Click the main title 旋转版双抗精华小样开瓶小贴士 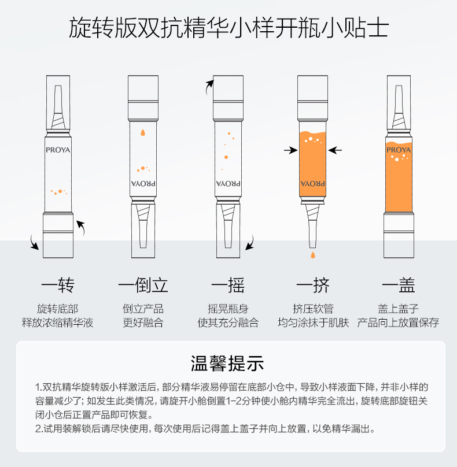point(228,27)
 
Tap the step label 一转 point(58,285)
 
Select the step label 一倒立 point(143,285)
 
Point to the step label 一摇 point(228,285)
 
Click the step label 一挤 point(313,285)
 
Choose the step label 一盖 point(399,285)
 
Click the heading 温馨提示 point(227,364)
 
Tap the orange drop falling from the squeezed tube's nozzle point(313,255)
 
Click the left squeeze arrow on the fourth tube point(290,150)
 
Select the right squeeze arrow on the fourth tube point(335,150)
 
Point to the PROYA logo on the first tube point(58,150)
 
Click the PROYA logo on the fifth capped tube point(399,150)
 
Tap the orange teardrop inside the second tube point(143,132)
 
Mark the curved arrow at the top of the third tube point(209,87)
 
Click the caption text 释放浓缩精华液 point(57,323)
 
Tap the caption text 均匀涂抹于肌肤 point(313,323)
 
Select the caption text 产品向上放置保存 point(398,323)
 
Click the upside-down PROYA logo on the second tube point(143,183)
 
